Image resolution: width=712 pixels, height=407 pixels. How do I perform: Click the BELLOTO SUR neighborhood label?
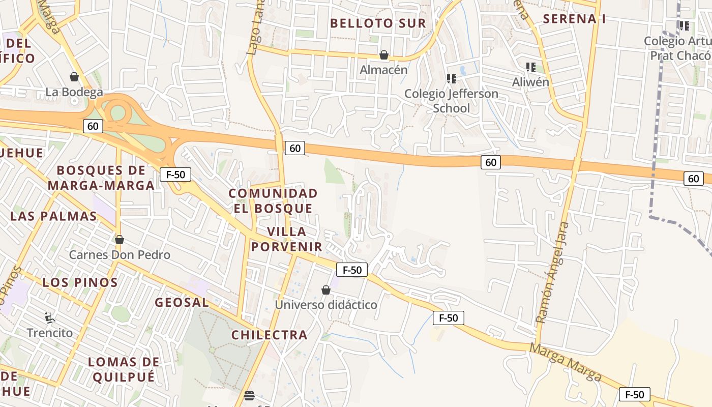click(378, 23)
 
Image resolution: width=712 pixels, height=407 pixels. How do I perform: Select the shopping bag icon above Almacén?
click(384, 55)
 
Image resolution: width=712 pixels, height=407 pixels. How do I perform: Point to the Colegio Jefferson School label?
click(451, 101)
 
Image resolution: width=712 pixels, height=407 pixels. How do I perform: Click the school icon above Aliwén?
click(531, 67)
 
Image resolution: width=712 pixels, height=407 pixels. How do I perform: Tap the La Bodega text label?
click(74, 92)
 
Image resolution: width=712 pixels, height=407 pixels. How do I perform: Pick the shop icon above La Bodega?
click(74, 77)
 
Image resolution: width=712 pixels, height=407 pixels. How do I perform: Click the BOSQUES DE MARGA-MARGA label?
click(101, 178)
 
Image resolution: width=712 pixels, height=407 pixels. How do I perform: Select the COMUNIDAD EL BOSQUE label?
click(273, 200)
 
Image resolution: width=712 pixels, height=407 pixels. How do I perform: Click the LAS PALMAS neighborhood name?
click(53, 216)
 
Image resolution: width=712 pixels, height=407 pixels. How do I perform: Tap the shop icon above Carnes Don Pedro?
click(120, 240)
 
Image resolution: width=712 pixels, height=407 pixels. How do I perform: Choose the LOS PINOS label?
click(80, 282)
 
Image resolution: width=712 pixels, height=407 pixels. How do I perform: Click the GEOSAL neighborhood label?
click(182, 302)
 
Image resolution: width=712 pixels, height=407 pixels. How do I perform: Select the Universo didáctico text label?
click(326, 305)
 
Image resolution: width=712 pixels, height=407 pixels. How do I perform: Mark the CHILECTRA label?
click(270, 335)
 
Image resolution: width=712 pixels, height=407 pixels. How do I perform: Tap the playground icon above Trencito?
click(50, 318)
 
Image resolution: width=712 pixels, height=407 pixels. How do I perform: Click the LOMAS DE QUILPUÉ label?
click(124, 369)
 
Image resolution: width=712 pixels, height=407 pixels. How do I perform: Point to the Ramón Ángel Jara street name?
click(552, 272)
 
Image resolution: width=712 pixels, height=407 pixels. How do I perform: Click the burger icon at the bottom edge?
click(249, 395)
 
